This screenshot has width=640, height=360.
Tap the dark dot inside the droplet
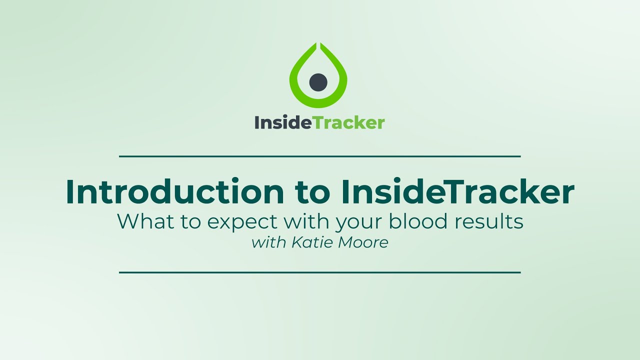tap(318, 82)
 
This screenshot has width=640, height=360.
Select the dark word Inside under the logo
tap(283, 122)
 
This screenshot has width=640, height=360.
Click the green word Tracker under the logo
tap(349, 122)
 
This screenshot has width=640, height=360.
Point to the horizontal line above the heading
tap(320, 156)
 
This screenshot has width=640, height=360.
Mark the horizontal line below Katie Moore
tap(320, 272)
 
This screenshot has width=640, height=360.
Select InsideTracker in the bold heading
tap(457, 192)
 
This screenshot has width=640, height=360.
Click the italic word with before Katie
tap(268, 243)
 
